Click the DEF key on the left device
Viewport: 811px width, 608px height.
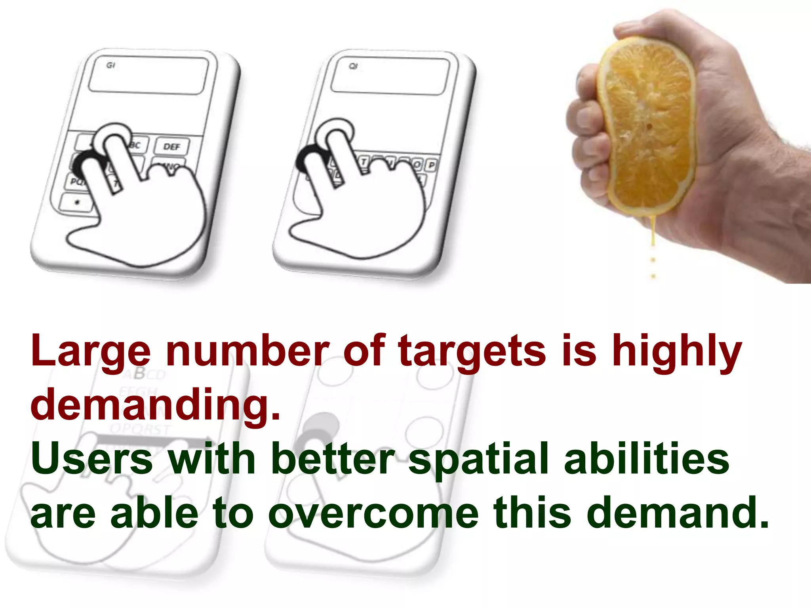[171, 147]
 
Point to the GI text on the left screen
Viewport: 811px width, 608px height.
[110, 65]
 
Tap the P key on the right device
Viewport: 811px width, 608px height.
[431, 165]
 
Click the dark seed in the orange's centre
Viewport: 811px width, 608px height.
[650, 127]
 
